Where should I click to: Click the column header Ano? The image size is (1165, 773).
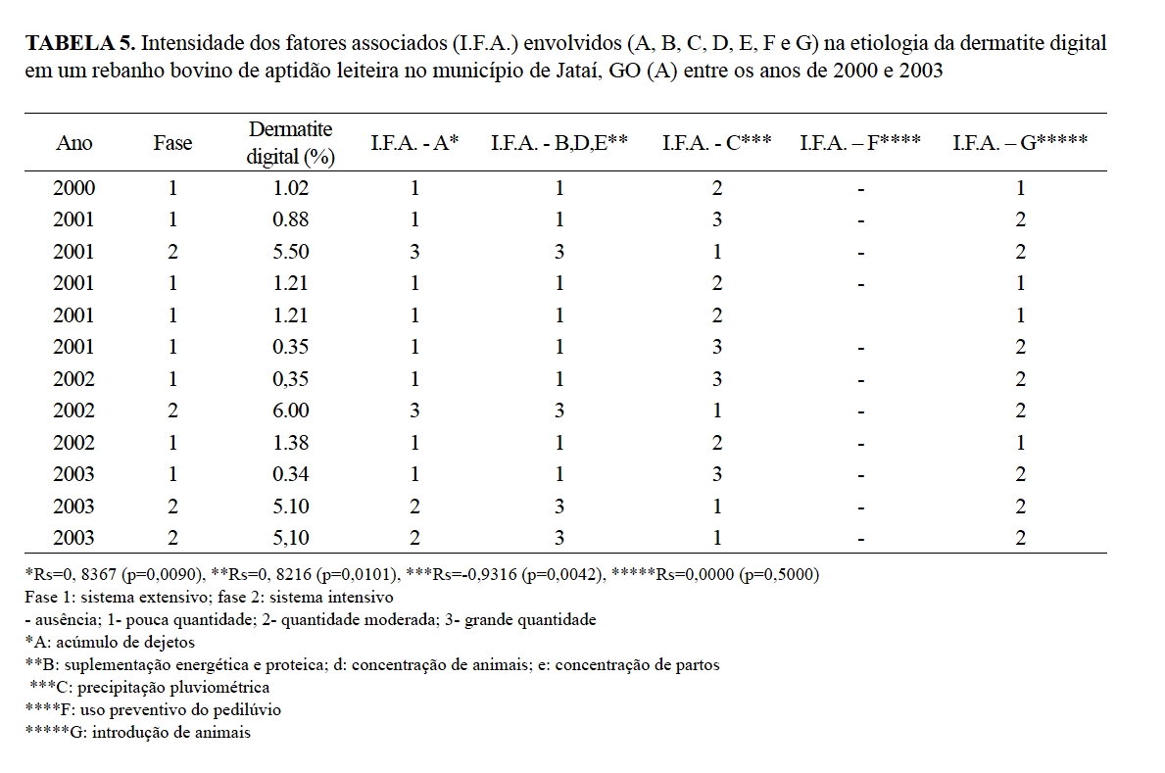tap(74, 143)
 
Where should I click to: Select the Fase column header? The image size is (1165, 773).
tap(172, 143)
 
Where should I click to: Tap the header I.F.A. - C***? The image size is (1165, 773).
tap(716, 143)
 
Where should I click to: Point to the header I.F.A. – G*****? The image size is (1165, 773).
tap(1020, 143)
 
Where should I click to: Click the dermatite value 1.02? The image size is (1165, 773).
tap(291, 188)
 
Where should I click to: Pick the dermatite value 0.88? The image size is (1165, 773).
tap(291, 219)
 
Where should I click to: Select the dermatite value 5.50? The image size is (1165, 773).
tap(291, 252)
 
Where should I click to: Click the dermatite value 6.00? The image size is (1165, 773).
tap(291, 411)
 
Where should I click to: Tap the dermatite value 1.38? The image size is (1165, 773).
tap(291, 443)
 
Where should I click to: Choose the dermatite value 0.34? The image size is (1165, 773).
tap(291, 474)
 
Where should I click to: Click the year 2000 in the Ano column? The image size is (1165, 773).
tap(74, 188)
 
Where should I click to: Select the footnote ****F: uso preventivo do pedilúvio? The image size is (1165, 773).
tap(154, 709)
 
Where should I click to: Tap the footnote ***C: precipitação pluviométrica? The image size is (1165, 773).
tap(150, 687)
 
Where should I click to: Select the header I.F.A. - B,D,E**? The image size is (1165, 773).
tap(558, 143)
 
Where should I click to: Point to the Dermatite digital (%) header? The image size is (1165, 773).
tap(291, 143)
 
